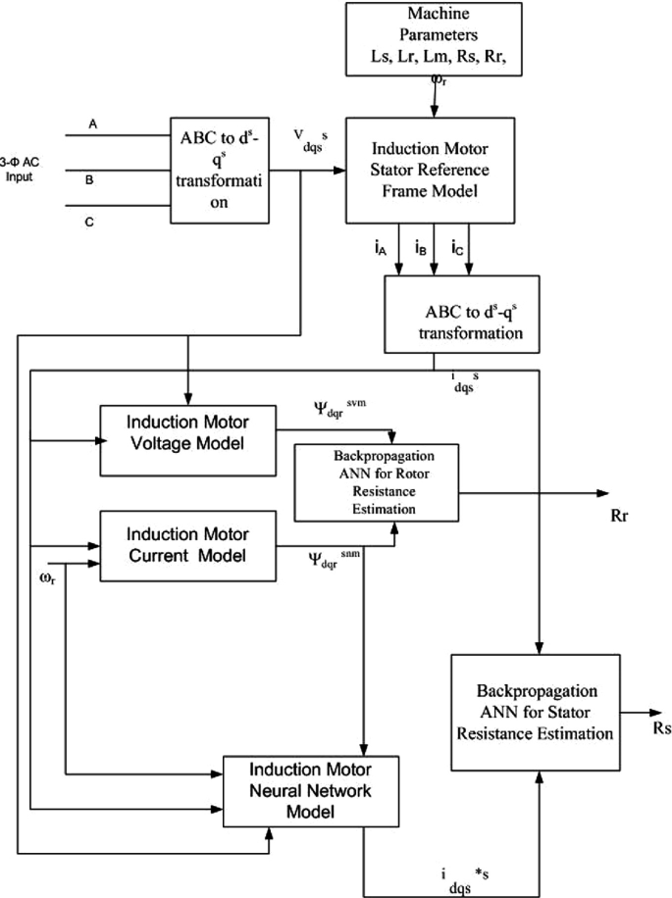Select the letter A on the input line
(x=93, y=125)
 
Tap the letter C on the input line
(x=90, y=223)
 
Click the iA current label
(x=381, y=249)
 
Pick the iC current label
(x=456, y=249)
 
